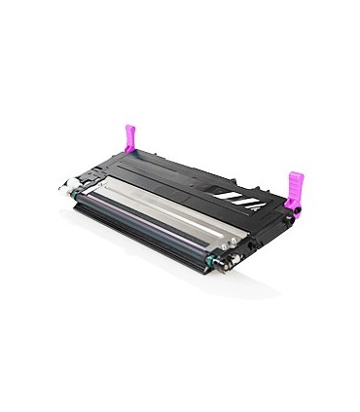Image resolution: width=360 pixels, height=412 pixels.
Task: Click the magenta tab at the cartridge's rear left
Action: [127, 136]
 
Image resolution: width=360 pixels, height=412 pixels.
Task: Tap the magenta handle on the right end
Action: [293, 187]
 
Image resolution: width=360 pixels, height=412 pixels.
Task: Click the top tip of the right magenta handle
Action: [295, 173]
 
